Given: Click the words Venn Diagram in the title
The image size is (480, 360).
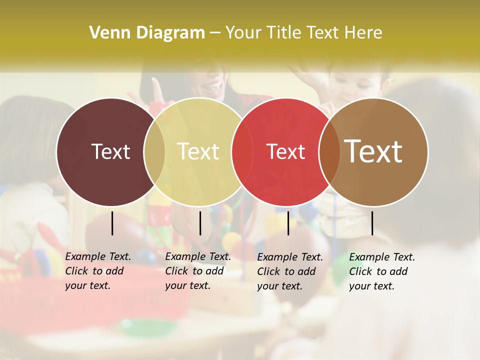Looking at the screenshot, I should coord(147,33).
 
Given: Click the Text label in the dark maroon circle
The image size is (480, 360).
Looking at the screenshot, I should coord(110,151).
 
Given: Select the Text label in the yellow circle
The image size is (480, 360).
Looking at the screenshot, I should coord(198,151).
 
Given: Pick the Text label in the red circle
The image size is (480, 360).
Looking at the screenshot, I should coord(285,151).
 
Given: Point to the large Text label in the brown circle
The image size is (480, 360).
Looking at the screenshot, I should coord(373,151).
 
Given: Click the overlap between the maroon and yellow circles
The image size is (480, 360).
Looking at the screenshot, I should coord(154,152).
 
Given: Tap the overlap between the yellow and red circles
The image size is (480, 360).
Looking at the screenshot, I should coord(242,152).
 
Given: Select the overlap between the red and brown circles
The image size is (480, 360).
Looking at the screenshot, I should coord(329,152).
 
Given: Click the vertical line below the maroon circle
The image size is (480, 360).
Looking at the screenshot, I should coord(112,223).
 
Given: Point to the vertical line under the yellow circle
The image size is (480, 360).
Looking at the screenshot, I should coord(200,223).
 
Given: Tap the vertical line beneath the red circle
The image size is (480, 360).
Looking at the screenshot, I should coord(288,223).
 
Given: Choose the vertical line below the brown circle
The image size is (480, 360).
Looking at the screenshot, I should coord(372,223).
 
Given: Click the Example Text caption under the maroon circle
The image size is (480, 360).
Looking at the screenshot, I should coord(98,271).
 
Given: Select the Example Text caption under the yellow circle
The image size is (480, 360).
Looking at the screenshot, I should coord(198,271).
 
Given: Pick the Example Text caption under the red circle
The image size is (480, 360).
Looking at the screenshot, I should coord(290,271).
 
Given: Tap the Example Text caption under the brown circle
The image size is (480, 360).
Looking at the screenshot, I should coord(382,271).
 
